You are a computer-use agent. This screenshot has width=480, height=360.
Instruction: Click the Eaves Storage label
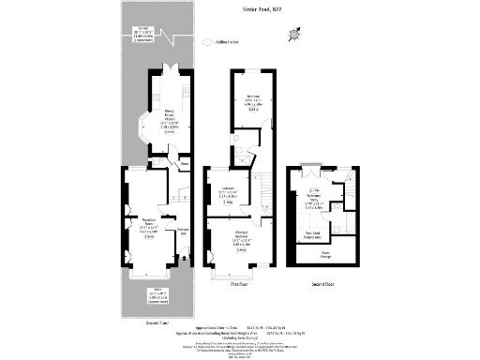click(325, 252)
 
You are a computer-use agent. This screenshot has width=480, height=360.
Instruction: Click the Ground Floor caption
click(131, 322)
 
